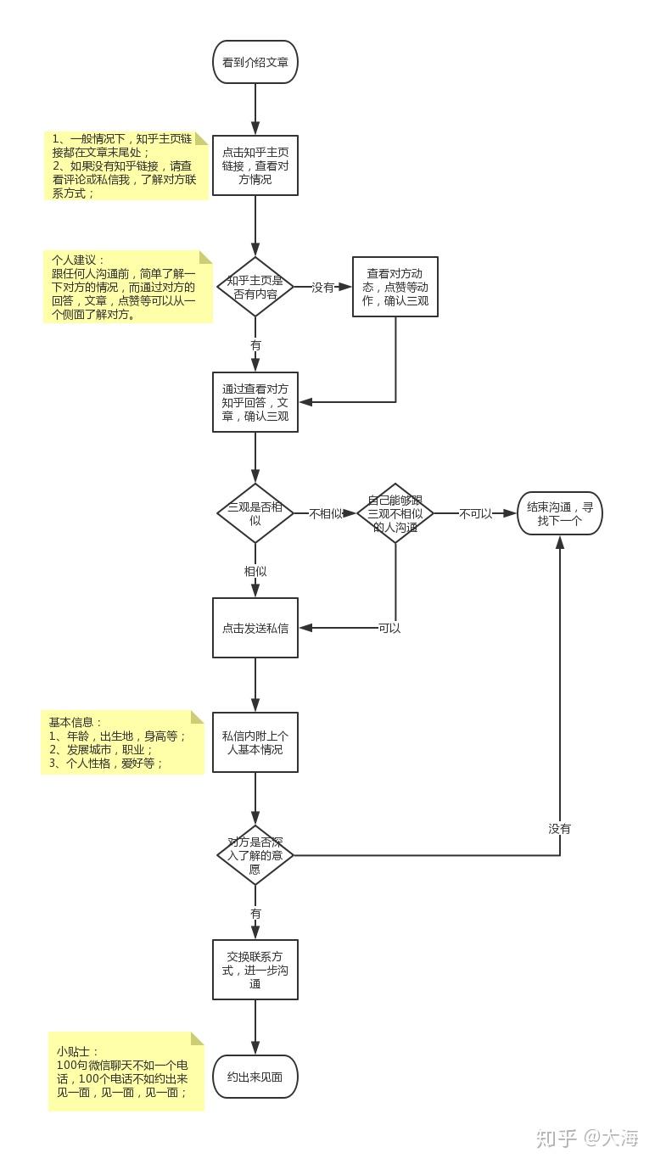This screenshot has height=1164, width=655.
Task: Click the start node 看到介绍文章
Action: tap(255, 62)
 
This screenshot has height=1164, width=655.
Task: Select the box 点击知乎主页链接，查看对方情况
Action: tap(255, 165)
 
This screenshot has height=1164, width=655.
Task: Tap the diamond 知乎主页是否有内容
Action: tap(255, 287)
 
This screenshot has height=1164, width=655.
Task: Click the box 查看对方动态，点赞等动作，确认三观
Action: tap(395, 287)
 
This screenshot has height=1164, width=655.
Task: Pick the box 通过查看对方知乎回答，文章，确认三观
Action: tap(255, 402)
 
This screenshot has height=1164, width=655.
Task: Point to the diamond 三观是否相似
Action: tap(255, 513)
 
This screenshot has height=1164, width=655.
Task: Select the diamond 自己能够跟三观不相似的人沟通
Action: tap(395, 513)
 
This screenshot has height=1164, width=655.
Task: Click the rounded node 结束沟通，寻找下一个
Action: tap(560, 513)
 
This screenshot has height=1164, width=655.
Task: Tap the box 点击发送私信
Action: tap(255, 628)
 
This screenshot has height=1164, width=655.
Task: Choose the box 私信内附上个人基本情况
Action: tap(255, 742)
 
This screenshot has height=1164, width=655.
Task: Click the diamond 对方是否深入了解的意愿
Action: tap(255, 855)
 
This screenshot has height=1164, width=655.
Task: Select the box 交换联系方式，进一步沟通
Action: tap(255, 970)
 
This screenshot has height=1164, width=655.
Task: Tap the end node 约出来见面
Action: tap(255, 1077)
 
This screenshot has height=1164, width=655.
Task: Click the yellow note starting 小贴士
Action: tap(126, 1072)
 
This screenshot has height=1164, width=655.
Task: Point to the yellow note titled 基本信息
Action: tap(123, 742)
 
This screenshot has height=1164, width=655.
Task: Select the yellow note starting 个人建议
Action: tap(128, 287)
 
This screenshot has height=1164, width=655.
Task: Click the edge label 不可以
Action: tap(475, 514)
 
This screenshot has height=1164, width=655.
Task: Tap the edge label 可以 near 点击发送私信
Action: tap(389, 629)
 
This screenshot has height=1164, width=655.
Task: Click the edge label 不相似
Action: tap(326, 514)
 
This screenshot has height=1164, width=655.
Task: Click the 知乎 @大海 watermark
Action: tap(587, 1138)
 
